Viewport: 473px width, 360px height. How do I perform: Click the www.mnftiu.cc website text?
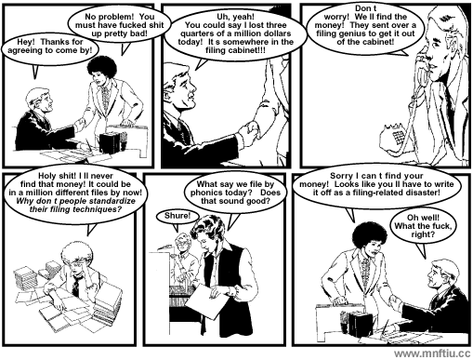tap(432, 353)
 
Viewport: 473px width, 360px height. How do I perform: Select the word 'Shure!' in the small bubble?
tap(177, 216)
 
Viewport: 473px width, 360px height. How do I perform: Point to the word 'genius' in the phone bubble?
tap(354, 33)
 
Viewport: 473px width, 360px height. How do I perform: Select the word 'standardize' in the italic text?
tap(112, 201)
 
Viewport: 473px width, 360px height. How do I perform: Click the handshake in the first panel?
tap(80, 125)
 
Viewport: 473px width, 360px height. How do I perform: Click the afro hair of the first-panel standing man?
tap(102, 68)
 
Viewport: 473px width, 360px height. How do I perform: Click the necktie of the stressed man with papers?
tap(75, 287)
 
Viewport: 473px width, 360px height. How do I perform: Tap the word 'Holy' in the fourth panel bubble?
tap(46, 176)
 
